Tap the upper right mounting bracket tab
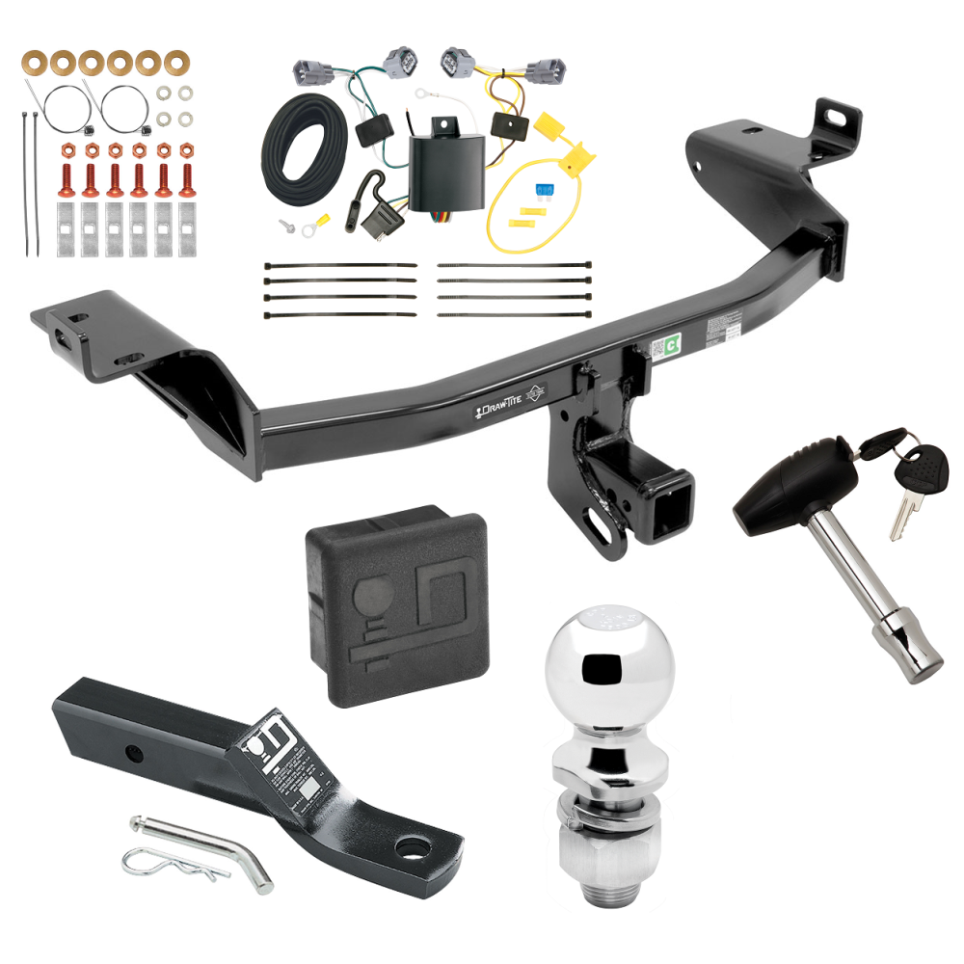point(826,121)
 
